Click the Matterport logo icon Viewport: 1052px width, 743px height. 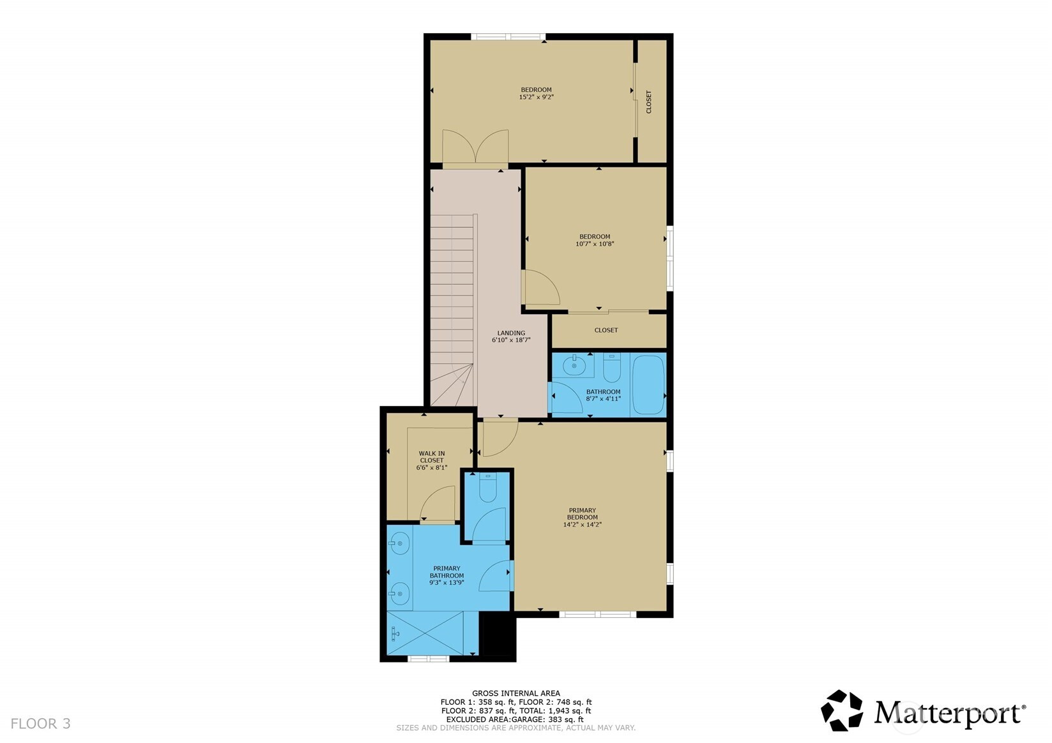[842, 710]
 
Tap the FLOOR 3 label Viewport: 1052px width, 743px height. [40, 723]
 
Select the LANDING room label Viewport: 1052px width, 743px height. [511, 333]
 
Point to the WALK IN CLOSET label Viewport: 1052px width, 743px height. [432, 456]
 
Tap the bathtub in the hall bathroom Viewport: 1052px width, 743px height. [648, 384]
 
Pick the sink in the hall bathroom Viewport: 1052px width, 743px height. [574, 365]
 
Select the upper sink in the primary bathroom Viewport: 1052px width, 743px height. [400, 544]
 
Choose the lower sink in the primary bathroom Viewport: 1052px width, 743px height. [400, 594]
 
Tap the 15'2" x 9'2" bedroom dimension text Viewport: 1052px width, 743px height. [537, 97]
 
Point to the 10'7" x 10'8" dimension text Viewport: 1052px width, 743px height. [595, 244]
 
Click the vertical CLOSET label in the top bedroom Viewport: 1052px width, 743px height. [648, 102]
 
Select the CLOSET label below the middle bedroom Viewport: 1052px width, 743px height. [606, 330]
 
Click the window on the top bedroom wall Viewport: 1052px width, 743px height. [508, 36]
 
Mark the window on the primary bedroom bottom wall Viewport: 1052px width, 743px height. [597, 615]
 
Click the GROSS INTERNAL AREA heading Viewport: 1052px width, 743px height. [515, 693]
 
